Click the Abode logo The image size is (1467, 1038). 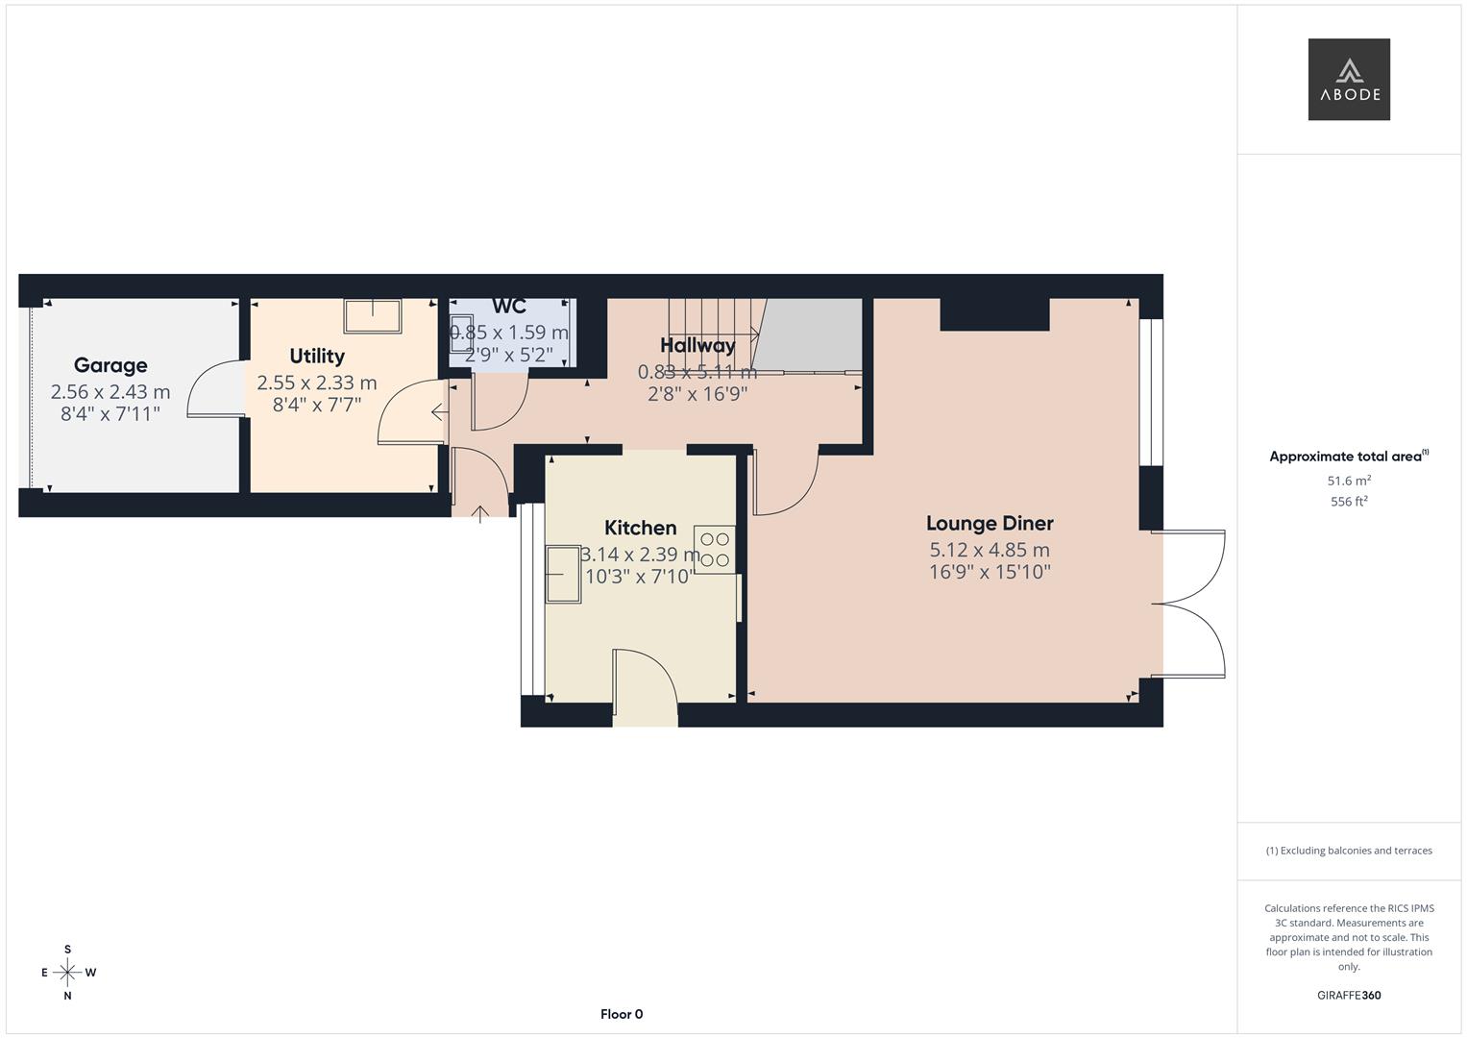(1349, 80)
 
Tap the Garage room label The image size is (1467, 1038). (110, 365)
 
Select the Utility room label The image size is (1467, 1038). (317, 357)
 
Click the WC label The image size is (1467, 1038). (509, 307)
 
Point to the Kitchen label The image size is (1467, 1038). (640, 528)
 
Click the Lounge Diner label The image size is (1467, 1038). (990, 524)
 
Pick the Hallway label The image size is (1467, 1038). (697, 345)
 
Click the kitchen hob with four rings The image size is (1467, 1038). (714, 551)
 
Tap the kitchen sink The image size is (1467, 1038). (564, 574)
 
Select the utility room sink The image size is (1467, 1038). (373, 315)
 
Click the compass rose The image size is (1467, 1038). (67, 973)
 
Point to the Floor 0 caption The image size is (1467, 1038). (622, 1014)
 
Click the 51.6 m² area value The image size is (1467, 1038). (1349, 481)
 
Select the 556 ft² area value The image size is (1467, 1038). (1349, 502)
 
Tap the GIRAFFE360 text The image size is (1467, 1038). (1349, 996)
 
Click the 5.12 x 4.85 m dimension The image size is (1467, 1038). (990, 551)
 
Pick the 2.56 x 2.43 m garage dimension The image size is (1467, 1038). (110, 392)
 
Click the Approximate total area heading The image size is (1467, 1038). (1347, 457)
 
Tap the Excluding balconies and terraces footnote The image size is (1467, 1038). (1349, 851)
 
